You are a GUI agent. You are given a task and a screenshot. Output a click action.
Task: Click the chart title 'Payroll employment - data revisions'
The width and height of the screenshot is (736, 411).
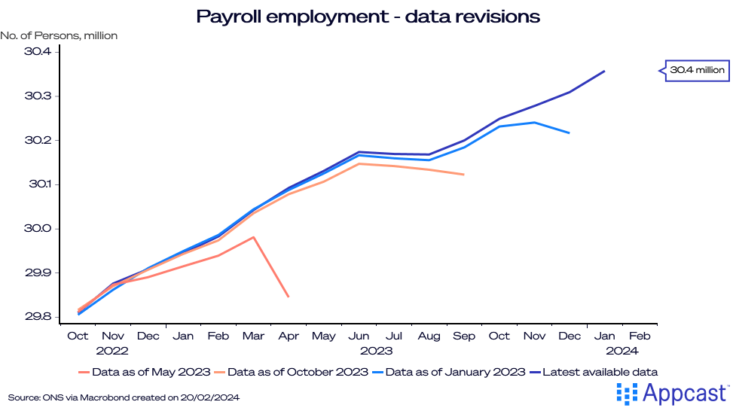point(368,17)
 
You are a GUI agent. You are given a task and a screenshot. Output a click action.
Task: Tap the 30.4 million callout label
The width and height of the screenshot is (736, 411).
point(697,71)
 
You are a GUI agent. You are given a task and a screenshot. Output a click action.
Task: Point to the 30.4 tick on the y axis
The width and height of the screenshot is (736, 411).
point(37,52)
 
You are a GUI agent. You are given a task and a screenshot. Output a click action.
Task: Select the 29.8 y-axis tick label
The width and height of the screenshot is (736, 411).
point(37,317)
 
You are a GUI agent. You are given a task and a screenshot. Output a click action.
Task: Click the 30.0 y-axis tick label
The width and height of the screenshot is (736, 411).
point(37,229)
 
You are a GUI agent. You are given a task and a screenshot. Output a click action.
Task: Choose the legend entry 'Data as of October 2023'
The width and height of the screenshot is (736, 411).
point(291,372)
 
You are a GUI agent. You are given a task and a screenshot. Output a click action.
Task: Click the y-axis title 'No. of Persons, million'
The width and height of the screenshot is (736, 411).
point(60,35)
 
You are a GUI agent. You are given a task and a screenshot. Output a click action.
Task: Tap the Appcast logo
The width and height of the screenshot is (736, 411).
point(672,393)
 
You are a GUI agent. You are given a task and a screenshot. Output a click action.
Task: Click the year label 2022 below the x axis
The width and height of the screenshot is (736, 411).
point(112,350)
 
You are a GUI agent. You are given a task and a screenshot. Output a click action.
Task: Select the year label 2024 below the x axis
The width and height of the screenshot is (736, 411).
point(623,350)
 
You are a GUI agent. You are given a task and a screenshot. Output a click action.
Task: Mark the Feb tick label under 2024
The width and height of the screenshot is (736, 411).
point(640,336)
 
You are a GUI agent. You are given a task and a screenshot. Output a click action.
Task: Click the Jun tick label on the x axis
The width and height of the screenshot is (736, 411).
point(359,336)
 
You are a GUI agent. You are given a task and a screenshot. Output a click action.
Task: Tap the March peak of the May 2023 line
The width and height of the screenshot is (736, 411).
point(254,237)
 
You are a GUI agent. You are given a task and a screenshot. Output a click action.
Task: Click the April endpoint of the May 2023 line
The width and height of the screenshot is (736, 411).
point(289,297)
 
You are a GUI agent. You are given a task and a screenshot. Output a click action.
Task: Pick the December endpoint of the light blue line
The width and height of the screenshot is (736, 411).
point(570,133)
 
